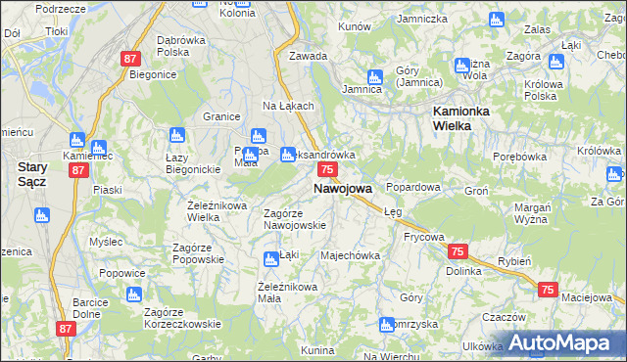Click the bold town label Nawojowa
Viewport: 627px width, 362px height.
pos(342,188)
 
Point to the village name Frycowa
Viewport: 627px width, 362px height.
pos(424,237)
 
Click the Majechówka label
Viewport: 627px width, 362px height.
pos(350,256)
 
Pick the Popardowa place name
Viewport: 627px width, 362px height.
pos(413,186)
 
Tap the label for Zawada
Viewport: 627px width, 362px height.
pos(308,56)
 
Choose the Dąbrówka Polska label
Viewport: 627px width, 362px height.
pos(180,46)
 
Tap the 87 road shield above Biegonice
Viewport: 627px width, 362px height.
pos(131,59)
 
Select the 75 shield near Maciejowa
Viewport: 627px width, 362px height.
pos(548,290)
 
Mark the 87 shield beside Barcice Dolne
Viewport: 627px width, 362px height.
pos(66,330)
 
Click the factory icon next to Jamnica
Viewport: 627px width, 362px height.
pos(374,76)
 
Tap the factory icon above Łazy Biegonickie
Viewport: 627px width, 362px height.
pos(177,135)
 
